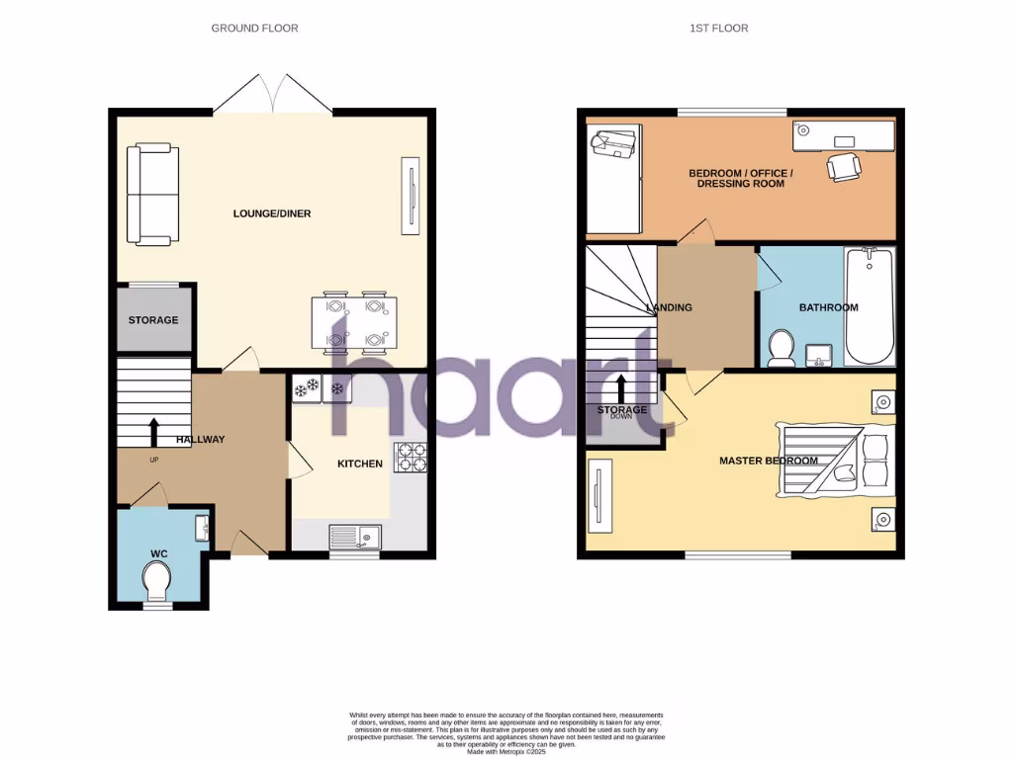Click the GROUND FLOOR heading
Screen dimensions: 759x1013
click(254, 29)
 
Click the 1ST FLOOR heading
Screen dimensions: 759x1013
click(718, 29)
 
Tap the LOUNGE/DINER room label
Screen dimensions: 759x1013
click(272, 213)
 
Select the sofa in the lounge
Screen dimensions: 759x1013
click(152, 194)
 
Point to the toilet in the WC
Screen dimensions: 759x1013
click(156, 580)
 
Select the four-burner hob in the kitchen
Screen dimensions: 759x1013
click(410, 458)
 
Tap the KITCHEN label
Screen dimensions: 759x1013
click(360, 464)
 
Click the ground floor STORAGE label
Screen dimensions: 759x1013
click(153, 320)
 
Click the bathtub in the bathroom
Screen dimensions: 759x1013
click(870, 306)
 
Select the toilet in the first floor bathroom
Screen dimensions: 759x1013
click(782, 348)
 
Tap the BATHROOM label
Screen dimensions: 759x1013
click(828, 307)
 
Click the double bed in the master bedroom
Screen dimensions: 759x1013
click(837, 461)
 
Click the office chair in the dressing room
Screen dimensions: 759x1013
click(843, 166)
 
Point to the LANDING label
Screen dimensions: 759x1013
click(669, 307)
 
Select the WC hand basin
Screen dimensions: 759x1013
click(203, 528)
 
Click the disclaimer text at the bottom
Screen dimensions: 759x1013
click(506, 732)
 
